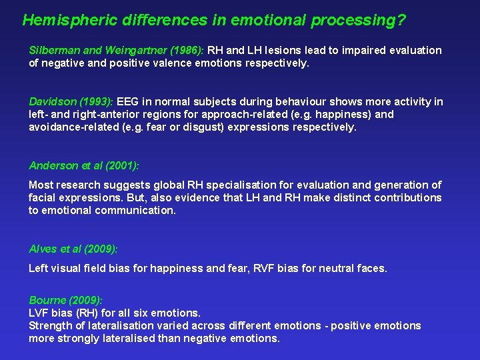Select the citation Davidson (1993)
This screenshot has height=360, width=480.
(x=72, y=101)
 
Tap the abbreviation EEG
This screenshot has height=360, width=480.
(x=131, y=101)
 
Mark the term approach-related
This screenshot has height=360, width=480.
(x=218, y=114)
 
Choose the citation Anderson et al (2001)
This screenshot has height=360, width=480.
(x=84, y=165)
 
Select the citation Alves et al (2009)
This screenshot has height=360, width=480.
(x=73, y=249)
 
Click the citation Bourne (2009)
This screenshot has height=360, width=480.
(x=65, y=300)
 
